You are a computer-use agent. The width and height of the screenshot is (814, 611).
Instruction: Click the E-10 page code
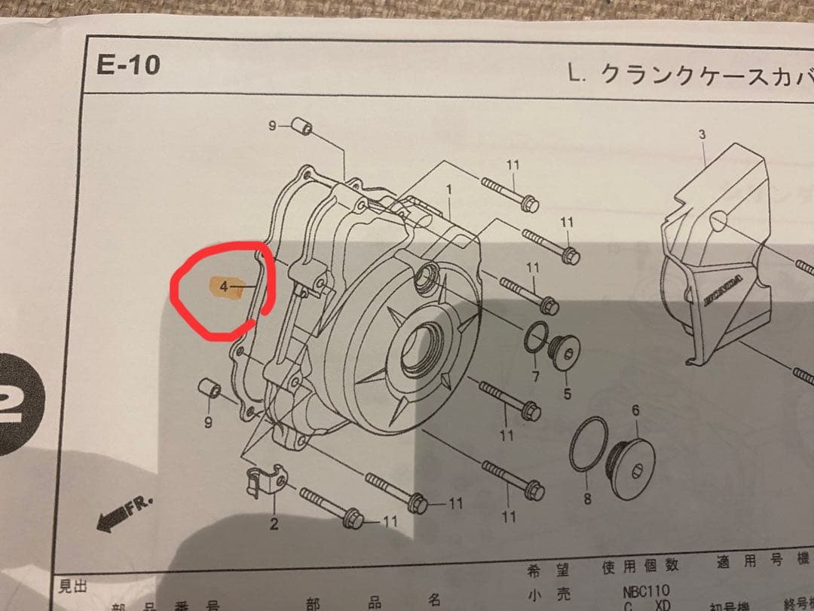click(128, 65)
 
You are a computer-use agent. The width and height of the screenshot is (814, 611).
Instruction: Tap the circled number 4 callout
click(223, 287)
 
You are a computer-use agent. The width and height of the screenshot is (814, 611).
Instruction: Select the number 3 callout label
click(702, 135)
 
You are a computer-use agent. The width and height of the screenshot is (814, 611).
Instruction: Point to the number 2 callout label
click(274, 523)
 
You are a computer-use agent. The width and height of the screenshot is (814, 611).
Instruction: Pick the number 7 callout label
click(534, 376)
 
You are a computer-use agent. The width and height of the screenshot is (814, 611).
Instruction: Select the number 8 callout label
click(587, 498)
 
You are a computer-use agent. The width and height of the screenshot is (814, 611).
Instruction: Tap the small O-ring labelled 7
click(535, 337)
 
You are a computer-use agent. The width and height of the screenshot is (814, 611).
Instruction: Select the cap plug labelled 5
click(563, 355)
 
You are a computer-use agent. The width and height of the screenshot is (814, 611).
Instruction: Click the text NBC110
click(646, 591)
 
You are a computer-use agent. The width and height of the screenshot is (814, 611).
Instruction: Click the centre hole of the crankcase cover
click(422, 348)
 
